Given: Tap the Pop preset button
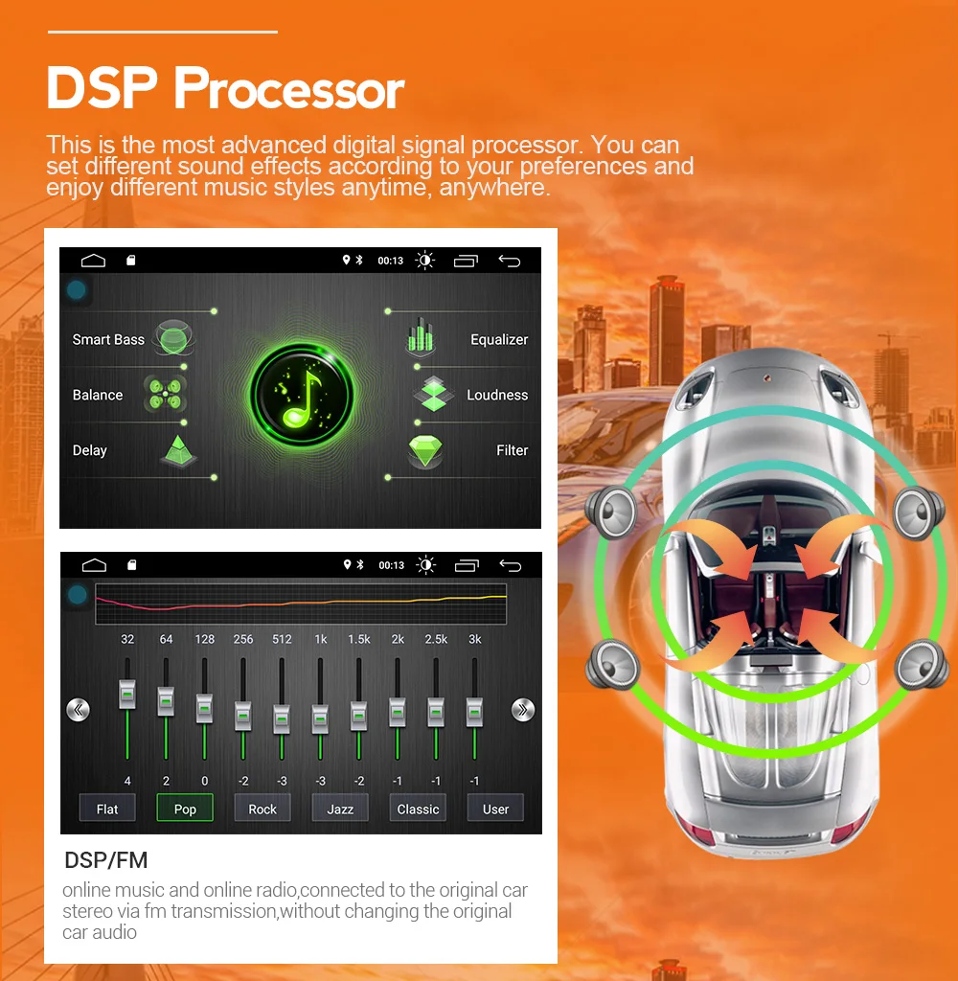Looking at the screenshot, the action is click(185, 809).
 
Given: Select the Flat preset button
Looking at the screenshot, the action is click(107, 809).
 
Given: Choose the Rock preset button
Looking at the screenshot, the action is click(262, 809).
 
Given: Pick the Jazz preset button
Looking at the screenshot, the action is click(340, 809).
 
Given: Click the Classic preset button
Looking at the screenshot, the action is click(418, 809).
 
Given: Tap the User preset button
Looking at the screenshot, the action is click(495, 809).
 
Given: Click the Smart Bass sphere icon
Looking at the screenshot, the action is click(174, 338).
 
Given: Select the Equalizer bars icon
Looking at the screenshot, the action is click(420, 338).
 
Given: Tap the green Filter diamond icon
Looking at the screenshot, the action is click(425, 450).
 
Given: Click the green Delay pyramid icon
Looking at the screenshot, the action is click(176, 450).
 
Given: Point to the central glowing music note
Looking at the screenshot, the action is click(302, 394).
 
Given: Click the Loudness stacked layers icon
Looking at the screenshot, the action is click(433, 394).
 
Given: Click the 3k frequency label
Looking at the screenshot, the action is click(474, 639).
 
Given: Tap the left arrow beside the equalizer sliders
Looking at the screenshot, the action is click(78, 710).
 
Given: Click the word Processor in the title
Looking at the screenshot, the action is click(288, 90).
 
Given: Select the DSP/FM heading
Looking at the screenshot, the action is click(105, 859).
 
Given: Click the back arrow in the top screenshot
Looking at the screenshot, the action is click(510, 261).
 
